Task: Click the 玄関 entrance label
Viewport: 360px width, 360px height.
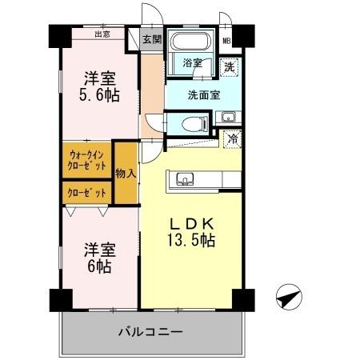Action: [153, 38]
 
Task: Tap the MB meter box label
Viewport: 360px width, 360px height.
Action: [226, 41]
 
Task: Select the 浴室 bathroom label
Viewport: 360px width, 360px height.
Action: [191, 62]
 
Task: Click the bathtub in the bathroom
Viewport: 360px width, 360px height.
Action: [190, 43]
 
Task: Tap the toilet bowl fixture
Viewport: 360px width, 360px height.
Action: [190, 122]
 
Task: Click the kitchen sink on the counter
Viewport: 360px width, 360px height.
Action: [185, 178]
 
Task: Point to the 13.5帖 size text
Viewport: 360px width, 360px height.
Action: [190, 239]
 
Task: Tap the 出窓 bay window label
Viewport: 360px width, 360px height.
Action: [102, 34]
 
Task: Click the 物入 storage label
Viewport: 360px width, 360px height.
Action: [126, 173]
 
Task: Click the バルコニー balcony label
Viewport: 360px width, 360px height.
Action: [151, 331]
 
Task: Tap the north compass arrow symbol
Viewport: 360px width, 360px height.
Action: [288, 297]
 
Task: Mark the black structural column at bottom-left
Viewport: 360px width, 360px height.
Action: [58, 300]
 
